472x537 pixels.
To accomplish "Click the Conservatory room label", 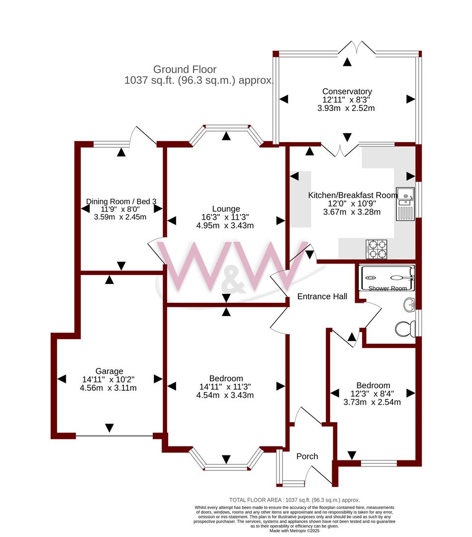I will tap(347, 91).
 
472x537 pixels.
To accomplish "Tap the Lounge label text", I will tap(226, 209).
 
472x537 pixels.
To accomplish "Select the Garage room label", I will tap(109, 371).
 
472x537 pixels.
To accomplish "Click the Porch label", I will tap(307, 456).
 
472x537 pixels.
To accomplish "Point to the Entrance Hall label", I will tap(322, 296).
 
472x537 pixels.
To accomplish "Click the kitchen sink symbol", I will tap(406, 204).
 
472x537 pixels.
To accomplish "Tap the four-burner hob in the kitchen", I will tap(377, 249).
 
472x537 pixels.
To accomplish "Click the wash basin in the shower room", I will tap(409, 304).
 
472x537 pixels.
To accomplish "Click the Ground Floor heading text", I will tap(185, 70).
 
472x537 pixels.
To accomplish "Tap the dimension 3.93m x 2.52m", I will tap(347, 108).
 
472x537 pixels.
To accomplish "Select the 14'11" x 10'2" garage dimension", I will tap(109, 379).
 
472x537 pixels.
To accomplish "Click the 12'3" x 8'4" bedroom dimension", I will tap(373, 394).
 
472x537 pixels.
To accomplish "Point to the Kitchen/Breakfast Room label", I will tap(353, 195).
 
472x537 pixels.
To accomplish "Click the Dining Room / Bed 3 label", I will tap(121, 201).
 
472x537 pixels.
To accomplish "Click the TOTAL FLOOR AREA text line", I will tap(294, 500).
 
